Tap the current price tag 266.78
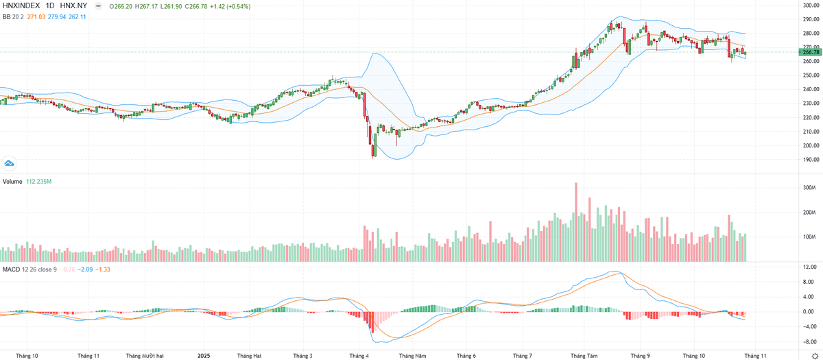coord(811,52)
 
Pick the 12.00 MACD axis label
coord(809,267)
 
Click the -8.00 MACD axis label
coord(809,341)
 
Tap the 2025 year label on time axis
coord(204,356)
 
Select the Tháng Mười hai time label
coord(144,356)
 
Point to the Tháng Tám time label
coord(583,356)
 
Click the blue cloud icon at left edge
coord(9,163)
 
